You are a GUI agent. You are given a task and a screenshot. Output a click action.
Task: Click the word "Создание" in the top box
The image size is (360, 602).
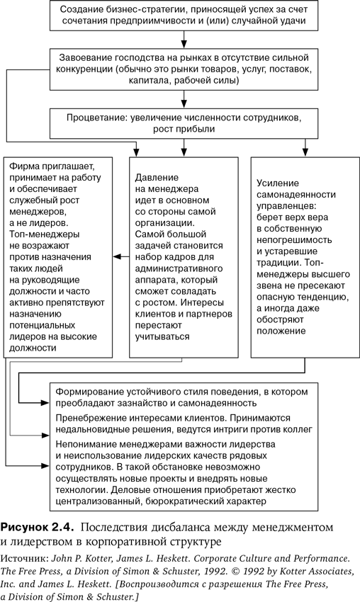pyautogui.click(x=79, y=8)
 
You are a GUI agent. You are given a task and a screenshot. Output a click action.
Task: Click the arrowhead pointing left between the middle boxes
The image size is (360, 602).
pyautogui.click(x=116, y=256)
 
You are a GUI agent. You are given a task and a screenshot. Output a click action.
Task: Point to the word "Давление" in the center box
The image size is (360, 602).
pyautogui.click(x=157, y=178)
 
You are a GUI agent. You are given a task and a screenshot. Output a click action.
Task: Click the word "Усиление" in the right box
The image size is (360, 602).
pyautogui.click(x=278, y=183)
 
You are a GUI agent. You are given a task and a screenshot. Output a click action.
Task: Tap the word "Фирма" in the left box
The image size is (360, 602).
pyautogui.click(x=24, y=166)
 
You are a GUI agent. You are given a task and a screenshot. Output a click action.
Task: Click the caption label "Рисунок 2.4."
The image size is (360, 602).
pyautogui.click(x=37, y=527)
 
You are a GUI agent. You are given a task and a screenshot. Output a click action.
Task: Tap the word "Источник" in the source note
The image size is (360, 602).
pyautogui.click(x=24, y=558)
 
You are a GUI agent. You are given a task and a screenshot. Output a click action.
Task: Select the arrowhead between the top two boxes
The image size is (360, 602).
pyautogui.click(x=184, y=42)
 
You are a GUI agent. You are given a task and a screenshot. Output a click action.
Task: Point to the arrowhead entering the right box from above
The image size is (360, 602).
pyautogui.click(x=305, y=152)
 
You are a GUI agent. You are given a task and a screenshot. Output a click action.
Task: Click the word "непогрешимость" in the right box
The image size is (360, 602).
pyautogui.click(x=294, y=240)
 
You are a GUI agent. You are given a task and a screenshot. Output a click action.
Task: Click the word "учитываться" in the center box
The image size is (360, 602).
pyautogui.click(x=162, y=336)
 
